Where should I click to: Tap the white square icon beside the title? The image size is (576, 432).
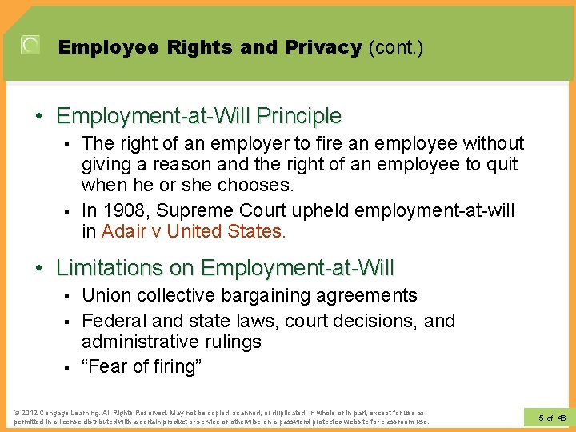[x=30, y=46]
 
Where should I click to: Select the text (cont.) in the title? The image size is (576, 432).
[x=395, y=47]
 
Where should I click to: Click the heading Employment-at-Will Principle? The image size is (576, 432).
[x=198, y=116]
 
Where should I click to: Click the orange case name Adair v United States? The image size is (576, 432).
[x=193, y=232]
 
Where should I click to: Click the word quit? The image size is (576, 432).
[x=502, y=164]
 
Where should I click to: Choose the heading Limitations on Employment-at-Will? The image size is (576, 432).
[x=225, y=267]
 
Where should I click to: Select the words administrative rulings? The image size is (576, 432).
[x=171, y=342]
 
